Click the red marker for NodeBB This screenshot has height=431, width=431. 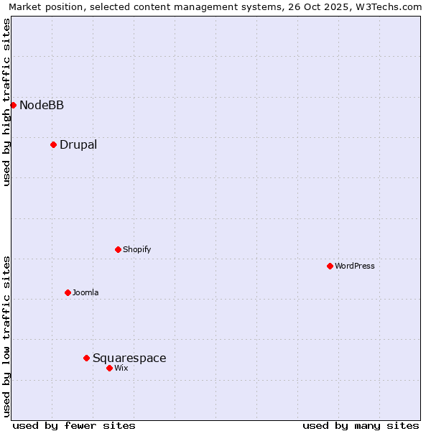[x=13, y=105]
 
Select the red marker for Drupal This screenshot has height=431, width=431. [x=53, y=144]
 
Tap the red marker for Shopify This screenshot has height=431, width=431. [x=118, y=249]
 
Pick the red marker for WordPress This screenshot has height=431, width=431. [x=330, y=266]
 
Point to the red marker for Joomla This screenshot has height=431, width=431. [x=68, y=292]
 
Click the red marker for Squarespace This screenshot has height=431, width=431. [x=86, y=358]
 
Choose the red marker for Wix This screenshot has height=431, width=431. [x=109, y=368]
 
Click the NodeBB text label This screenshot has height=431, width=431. [x=42, y=106]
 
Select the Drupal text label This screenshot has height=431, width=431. [x=78, y=145]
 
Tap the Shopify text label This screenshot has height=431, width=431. [x=136, y=250]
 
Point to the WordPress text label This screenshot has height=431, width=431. [x=355, y=267]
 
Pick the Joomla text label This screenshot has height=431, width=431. [x=85, y=293]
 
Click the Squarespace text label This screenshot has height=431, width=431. [x=129, y=358]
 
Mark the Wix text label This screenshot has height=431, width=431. [x=121, y=369]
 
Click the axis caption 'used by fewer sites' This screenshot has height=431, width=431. [x=74, y=425]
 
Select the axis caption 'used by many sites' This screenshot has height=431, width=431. [x=361, y=425]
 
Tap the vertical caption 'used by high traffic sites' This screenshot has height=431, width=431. [x=6, y=102]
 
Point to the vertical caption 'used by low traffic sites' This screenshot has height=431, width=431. [x=6, y=336]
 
